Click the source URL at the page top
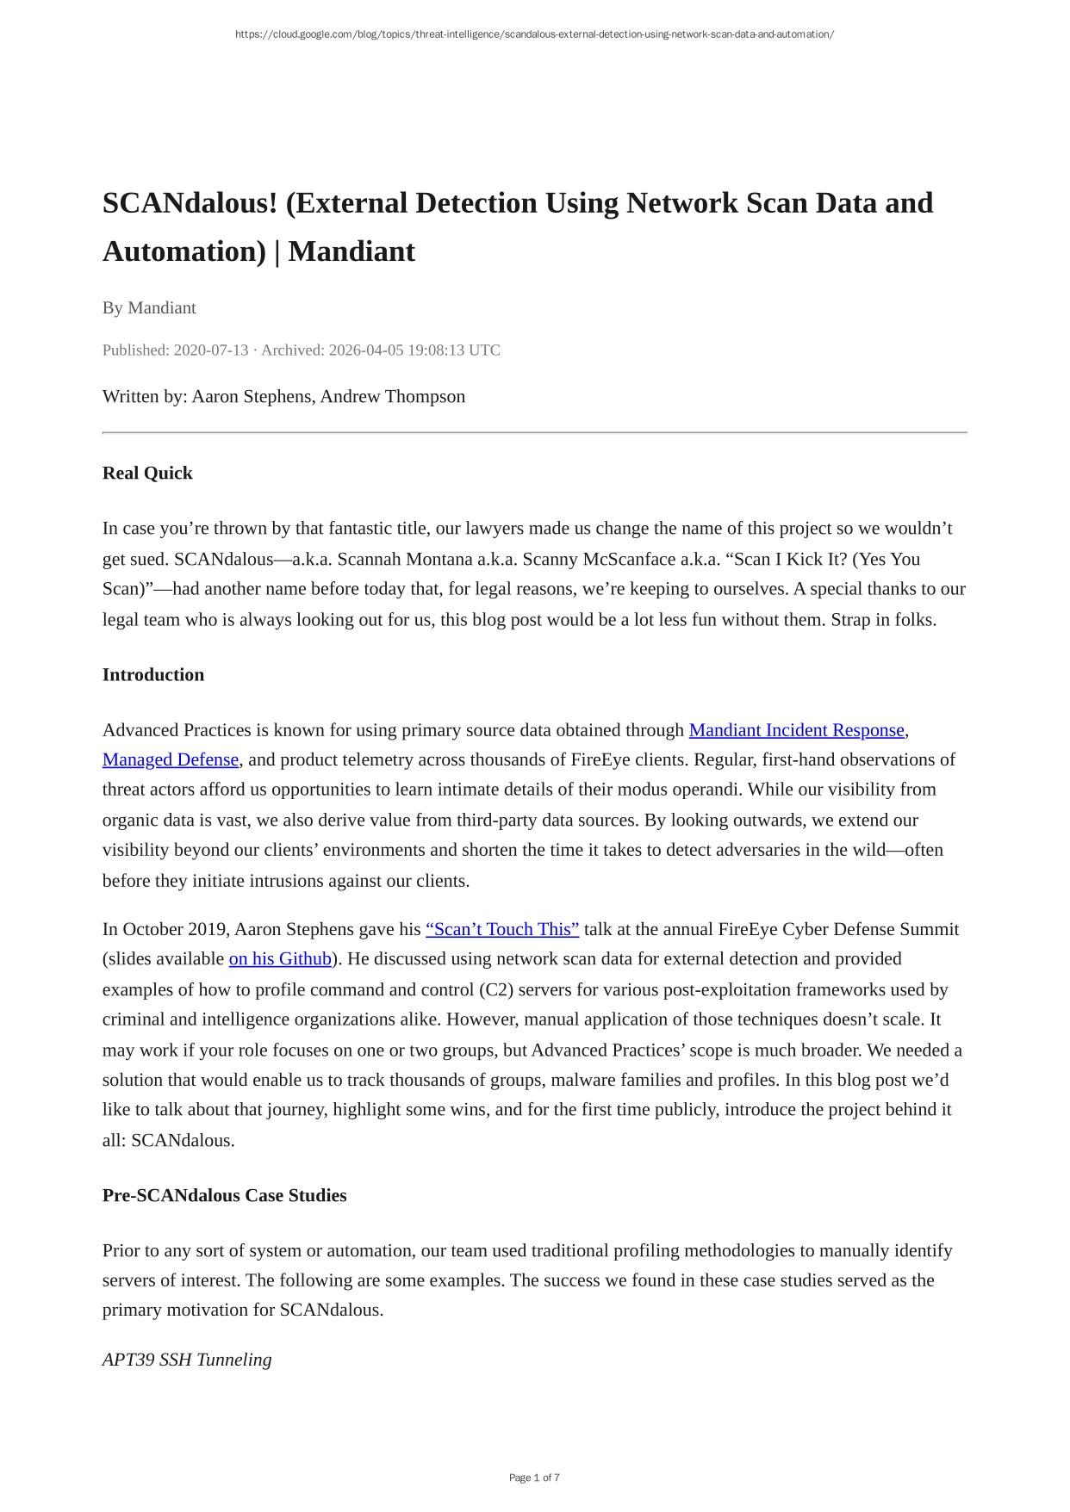[x=534, y=34]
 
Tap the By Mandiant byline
[x=149, y=307]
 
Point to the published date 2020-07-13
[x=210, y=350]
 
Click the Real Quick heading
[x=147, y=473]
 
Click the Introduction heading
[x=153, y=674]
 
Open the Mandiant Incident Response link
[x=796, y=730]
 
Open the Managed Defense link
[x=171, y=759]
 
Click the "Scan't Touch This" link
[x=502, y=929]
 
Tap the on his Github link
[x=280, y=958]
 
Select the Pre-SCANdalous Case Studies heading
[x=224, y=1195]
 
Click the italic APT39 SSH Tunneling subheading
[x=187, y=1360]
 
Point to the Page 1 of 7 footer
[x=534, y=1478]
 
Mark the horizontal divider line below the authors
[x=534, y=432]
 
